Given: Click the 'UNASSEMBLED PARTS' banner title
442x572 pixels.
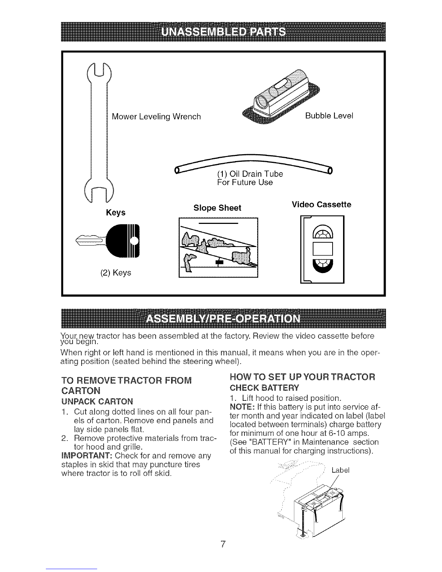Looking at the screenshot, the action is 223,32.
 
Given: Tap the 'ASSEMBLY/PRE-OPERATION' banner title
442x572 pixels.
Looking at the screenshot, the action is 223,318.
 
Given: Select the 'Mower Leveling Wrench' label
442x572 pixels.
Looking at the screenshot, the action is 156,117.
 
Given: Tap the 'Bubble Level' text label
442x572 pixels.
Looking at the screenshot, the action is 329,116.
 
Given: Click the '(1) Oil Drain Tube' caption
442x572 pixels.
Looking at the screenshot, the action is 250,174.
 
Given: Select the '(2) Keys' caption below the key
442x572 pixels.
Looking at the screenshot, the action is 116,273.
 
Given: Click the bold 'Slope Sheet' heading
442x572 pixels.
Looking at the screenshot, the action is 217,208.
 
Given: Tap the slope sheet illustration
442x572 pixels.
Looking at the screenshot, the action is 218,248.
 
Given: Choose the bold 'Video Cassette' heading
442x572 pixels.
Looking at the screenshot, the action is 321,204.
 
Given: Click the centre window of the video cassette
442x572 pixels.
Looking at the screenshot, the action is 323,249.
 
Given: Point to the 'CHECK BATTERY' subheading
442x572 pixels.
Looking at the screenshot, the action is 264,388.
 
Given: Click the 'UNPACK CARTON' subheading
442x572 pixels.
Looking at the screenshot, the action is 97,402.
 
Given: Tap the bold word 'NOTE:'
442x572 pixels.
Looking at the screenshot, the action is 242,407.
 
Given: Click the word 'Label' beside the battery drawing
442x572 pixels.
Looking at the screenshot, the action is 341,471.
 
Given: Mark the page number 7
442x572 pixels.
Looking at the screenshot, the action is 223,544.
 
